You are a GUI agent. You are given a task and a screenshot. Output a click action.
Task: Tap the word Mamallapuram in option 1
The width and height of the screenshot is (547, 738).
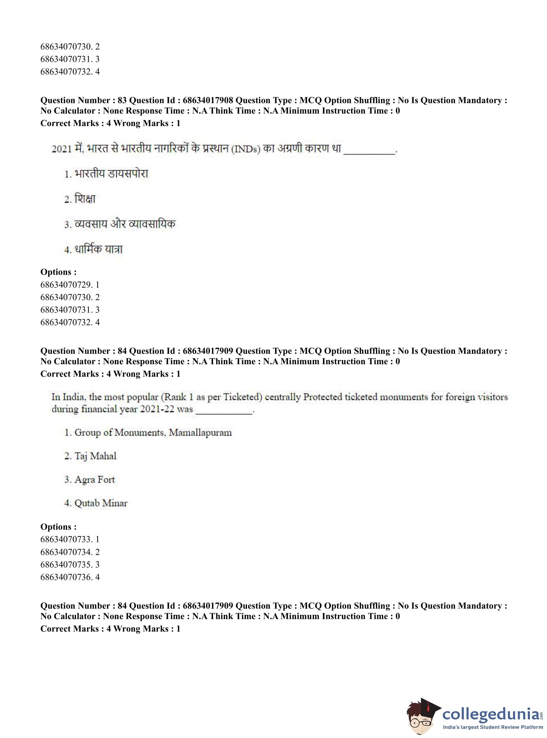coord(200,432)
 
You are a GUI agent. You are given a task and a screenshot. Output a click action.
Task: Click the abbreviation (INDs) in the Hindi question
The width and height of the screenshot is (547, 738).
coord(246,149)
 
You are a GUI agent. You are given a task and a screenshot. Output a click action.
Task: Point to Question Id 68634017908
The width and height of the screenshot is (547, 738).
coord(208,100)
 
